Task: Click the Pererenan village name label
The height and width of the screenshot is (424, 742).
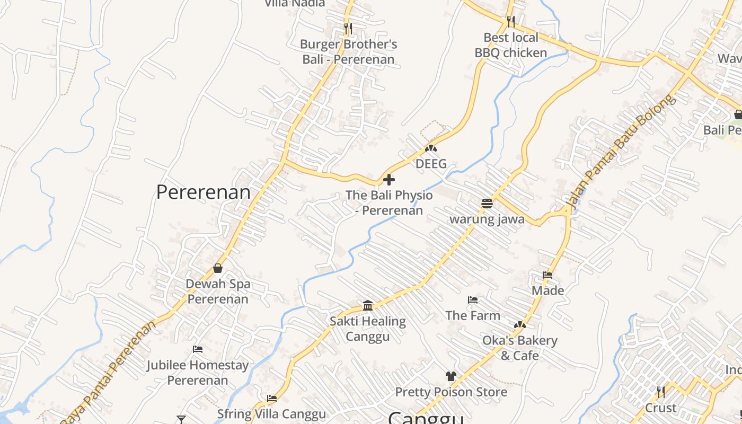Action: [203, 192]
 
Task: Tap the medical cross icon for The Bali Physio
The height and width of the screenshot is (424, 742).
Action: [388, 180]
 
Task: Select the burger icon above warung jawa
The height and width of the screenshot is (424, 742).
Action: [487, 203]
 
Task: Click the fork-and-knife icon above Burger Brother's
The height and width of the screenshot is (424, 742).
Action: [348, 28]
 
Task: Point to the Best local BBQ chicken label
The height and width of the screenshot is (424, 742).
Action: [510, 45]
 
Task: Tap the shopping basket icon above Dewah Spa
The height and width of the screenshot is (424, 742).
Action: [217, 268]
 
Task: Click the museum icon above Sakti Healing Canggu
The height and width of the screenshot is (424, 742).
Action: [368, 305]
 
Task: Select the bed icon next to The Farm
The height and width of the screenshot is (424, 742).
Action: [472, 300]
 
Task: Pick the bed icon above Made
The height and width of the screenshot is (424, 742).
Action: [547, 275]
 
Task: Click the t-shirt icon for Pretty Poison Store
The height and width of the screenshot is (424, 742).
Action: [450, 376]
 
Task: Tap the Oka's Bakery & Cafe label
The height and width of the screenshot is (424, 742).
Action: [519, 348]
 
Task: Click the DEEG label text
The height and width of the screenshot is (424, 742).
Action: [431, 164]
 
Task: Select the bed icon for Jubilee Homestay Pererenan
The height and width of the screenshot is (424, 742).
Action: [198, 349]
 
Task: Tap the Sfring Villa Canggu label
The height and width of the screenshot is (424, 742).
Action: [271, 413]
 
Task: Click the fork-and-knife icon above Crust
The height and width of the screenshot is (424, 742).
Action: [660, 392]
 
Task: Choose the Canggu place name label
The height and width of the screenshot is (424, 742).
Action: [426, 418]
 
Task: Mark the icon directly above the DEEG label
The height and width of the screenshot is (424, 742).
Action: [431, 149]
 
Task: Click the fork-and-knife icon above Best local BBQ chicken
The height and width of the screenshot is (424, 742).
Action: [510, 22]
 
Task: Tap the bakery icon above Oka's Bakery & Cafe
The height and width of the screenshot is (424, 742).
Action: [519, 325]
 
